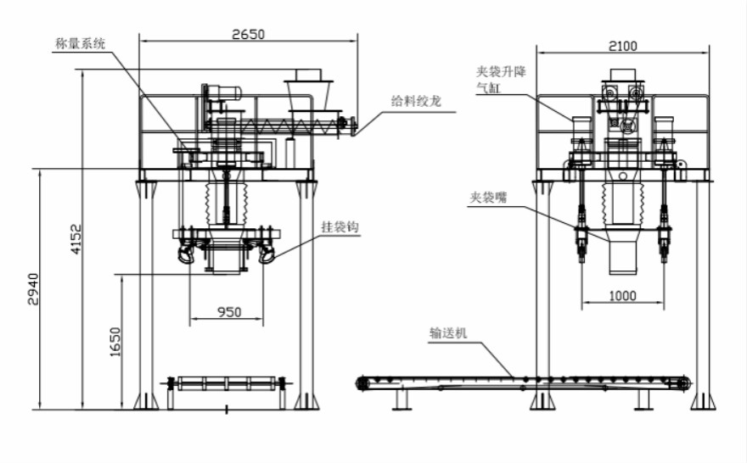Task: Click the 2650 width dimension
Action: coord(248,34)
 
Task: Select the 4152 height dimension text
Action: coord(76,241)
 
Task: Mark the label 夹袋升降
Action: coord(501,71)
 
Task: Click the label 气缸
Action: coord(488,86)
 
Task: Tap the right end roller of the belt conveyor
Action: coord(683,383)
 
